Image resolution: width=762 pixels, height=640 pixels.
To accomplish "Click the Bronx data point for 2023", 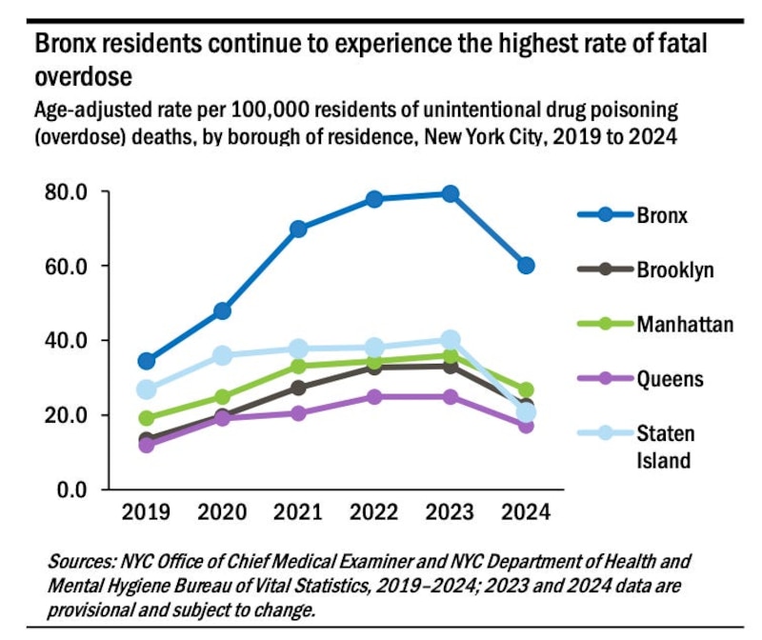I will pyautogui.click(x=451, y=194).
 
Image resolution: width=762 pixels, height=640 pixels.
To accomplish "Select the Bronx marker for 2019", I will pyautogui.click(x=147, y=361).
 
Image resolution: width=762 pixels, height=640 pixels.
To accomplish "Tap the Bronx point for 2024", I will pyautogui.click(x=526, y=265).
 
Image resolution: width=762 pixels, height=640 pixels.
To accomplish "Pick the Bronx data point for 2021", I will pyautogui.click(x=298, y=229).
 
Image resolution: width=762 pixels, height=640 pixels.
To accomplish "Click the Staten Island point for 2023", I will pyautogui.click(x=451, y=340).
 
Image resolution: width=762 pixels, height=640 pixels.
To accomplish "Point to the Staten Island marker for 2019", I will pyautogui.click(x=147, y=390).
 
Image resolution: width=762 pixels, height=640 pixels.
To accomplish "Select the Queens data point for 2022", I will pyautogui.click(x=374, y=396).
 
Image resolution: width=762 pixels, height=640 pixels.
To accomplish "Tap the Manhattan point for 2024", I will pyautogui.click(x=526, y=390).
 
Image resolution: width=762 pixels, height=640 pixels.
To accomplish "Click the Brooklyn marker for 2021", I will pyautogui.click(x=298, y=388).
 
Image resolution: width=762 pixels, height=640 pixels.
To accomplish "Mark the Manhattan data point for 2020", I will pyautogui.click(x=222, y=397).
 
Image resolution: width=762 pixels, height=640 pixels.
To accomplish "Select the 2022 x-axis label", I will pyautogui.click(x=374, y=512).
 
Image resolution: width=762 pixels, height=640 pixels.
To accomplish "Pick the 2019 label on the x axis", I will pyautogui.click(x=147, y=512).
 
